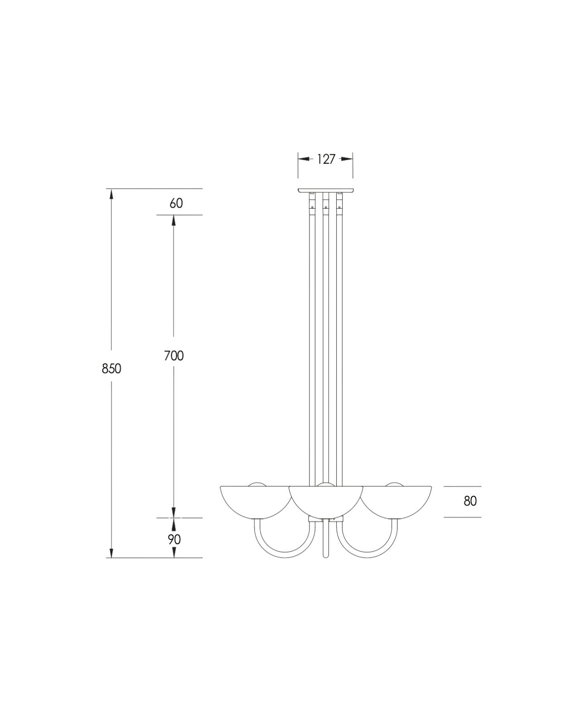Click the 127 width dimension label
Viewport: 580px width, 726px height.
point(325,159)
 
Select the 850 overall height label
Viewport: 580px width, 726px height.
point(111,369)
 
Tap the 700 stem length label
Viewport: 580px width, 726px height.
point(174,356)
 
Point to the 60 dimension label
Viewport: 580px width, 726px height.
point(176,203)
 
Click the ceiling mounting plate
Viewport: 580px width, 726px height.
point(325,191)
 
